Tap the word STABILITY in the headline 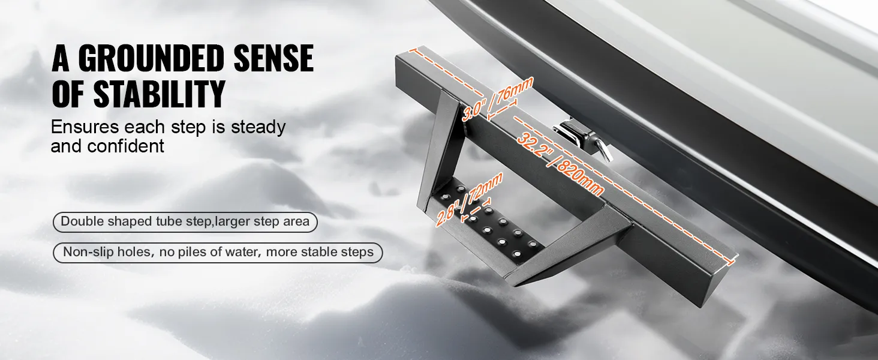pos(159,94)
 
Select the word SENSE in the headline pos(273,58)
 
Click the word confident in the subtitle pos(125,146)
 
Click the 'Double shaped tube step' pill pos(185,222)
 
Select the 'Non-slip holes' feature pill pos(218,252)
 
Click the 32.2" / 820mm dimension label pos(560,163)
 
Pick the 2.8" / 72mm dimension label pos(469,199)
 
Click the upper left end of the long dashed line pos(412,50)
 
